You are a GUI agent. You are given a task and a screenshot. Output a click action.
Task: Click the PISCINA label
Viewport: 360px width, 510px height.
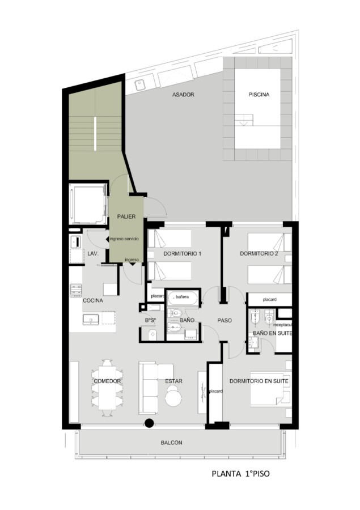259,95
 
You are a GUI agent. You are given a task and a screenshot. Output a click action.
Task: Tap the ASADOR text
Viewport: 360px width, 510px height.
183,95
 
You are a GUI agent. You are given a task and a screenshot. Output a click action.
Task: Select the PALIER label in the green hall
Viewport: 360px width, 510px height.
126,216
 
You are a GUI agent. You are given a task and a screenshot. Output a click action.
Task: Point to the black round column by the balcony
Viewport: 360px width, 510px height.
149,423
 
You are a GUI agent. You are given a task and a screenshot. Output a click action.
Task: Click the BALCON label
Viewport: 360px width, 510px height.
172,443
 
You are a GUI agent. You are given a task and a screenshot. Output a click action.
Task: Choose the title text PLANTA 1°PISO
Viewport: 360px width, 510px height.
240,474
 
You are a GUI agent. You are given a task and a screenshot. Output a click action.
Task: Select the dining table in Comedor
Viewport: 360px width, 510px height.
107,388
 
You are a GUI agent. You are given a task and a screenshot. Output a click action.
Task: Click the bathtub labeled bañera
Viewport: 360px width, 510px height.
183,298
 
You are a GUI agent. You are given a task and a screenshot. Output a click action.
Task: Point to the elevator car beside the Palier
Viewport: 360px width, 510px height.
88,203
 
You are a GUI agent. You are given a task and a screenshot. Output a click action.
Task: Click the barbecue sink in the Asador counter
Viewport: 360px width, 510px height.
141,84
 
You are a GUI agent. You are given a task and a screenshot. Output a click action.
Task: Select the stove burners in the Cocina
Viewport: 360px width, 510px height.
76,291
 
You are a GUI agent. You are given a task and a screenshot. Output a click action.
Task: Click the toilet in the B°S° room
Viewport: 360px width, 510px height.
153,334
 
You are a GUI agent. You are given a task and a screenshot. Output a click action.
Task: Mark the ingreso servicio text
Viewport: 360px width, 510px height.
124,239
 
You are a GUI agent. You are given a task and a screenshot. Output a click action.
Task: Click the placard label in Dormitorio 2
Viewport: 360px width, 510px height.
269,299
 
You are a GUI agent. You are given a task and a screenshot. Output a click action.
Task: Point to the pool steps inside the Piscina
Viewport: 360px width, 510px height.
244,120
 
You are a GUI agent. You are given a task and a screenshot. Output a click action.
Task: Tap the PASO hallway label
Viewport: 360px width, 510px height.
225,320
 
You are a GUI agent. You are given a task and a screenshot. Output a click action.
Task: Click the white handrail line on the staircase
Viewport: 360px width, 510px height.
95,133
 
